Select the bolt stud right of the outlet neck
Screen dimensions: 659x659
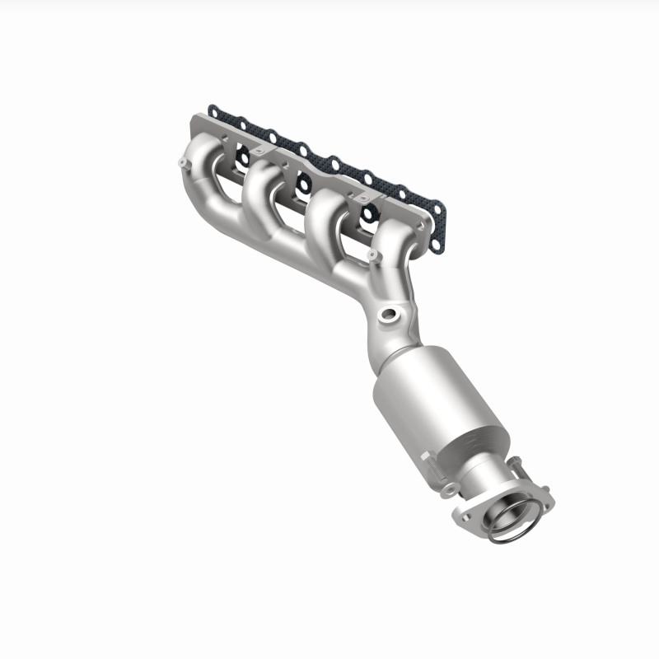click(x=517, y=468)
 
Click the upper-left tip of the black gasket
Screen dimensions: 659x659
click(x=213, y=108)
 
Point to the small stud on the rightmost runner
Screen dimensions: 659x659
click(x=372, y=255)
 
